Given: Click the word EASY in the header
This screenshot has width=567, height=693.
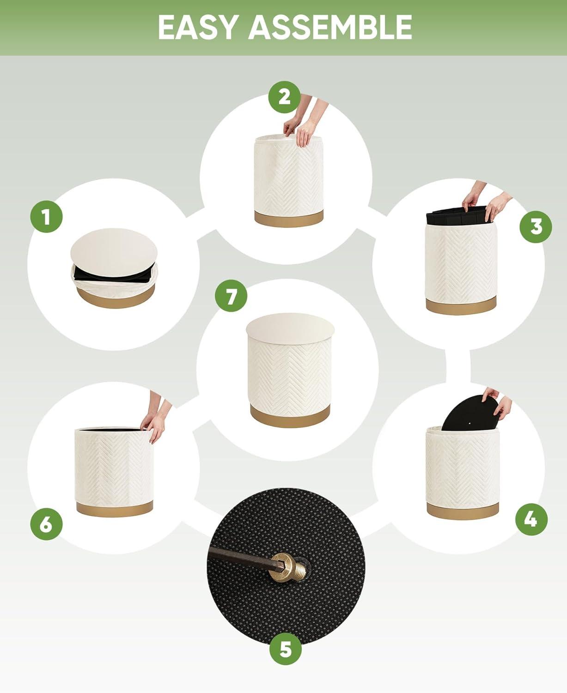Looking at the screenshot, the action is [198, 27].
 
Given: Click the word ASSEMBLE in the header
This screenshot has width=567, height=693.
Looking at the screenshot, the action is [330, 27].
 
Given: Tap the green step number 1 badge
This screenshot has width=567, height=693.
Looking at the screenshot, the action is [46, 217].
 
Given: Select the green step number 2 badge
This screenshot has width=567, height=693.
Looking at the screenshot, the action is [285, 97].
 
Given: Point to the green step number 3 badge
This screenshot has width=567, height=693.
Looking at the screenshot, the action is [536, 227].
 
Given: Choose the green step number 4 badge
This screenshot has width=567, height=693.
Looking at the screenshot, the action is [531, 519].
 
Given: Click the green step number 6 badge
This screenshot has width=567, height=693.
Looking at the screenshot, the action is [46, 524].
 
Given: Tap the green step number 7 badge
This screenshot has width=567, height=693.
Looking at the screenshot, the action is [231, 296].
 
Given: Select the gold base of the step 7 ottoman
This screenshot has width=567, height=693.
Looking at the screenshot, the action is [290, 416].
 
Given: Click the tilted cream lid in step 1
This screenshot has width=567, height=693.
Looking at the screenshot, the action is [114, 252].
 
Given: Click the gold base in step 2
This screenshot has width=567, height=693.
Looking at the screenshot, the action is [289, 219].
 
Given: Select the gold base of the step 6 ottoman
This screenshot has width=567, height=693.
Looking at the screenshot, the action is [115, 508].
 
